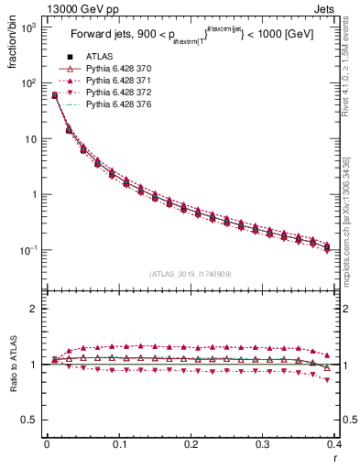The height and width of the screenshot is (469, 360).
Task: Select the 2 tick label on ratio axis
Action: tap(34, 309)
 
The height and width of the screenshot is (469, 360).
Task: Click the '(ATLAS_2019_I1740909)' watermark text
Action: tap(190, 274)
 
